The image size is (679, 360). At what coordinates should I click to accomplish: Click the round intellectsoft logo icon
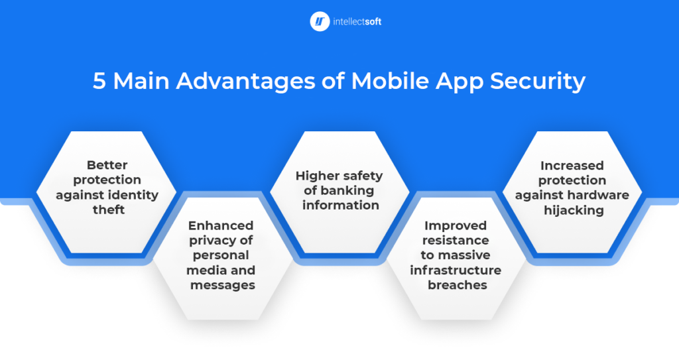tap(320, 21)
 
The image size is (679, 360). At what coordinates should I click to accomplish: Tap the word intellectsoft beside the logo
tap(357, 22)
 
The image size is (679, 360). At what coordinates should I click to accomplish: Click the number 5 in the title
tap(99, 81)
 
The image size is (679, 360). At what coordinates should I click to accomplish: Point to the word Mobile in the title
tap(390, 81)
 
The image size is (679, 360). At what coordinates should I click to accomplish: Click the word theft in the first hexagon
tap(109, 210)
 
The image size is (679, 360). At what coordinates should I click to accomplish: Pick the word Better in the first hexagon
tap(107, 165)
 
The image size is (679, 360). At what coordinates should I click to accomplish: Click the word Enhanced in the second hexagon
tap(221, 225)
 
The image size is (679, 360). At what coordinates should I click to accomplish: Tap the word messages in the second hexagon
tap(223, 285)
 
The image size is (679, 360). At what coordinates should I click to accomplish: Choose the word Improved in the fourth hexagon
tap(456, 225)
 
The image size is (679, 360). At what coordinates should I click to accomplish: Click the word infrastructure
tap(456, 270)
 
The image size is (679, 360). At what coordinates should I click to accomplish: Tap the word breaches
tap(458, 285)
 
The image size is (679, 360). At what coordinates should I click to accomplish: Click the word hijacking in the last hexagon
tap(574, 211)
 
